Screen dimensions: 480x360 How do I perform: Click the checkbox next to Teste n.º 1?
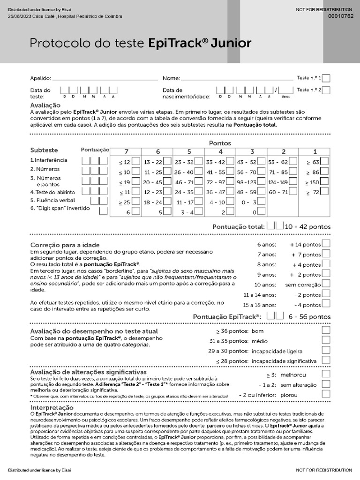pos(326,78)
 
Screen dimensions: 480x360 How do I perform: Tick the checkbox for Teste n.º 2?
pos(326,90)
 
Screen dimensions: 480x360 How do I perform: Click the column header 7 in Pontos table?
pos(125,151)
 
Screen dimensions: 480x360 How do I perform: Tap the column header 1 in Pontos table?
pos(315,151)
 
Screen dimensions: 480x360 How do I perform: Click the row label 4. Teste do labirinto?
pos(52,192)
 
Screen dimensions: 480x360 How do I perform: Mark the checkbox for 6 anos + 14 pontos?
pos(326,244)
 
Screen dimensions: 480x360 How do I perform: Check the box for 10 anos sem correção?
pos(326,284)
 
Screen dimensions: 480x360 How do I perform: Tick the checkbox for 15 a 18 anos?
pos(326,304)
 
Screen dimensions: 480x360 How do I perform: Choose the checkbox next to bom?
pos(326,330)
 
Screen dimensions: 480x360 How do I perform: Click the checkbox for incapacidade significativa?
pos(326,360)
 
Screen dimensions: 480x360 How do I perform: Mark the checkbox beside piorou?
pos(326,395)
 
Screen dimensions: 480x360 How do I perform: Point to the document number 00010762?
pos(341,16)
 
